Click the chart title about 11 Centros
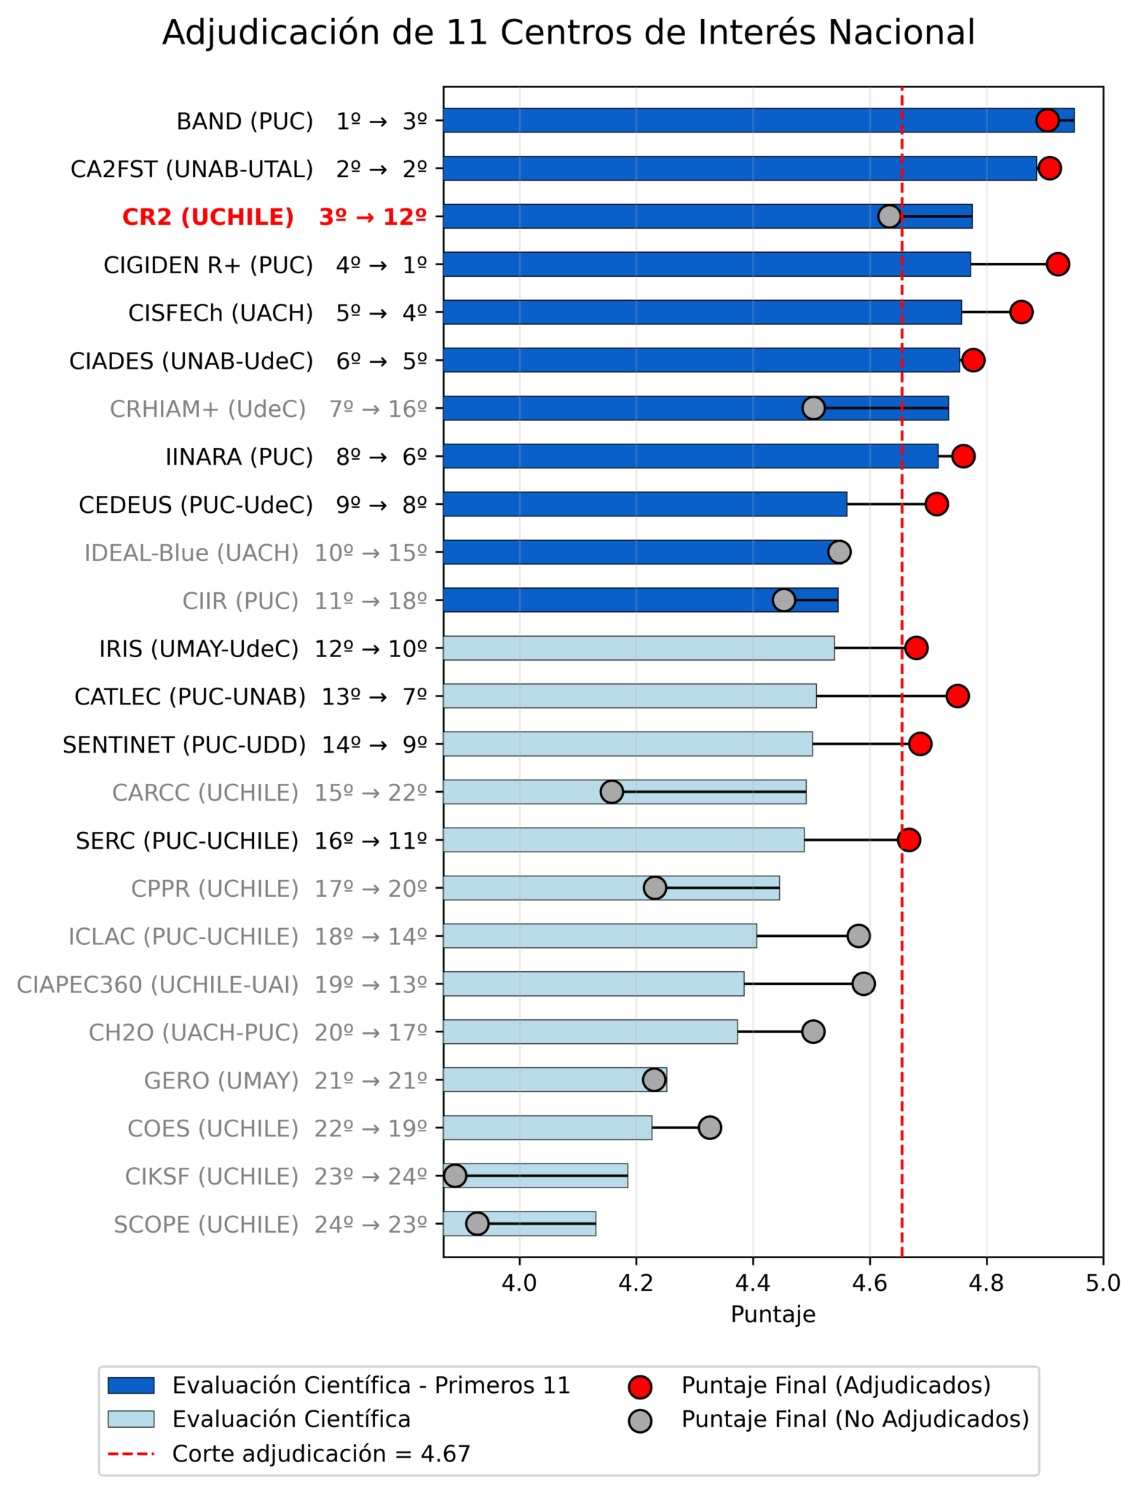click(568, 34)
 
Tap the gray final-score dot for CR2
click(889, 216)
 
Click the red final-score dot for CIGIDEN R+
click(1057, 264)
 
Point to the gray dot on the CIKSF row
click(455, 1175)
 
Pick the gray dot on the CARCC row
click(612, 792)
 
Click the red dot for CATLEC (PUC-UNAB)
click(957, 696)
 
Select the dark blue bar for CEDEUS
click(644, 504)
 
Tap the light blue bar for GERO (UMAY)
click(553, 1080)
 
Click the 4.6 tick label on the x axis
click(869, 1283)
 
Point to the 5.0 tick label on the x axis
click(1102, 1283)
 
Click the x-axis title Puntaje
click(773, 1315)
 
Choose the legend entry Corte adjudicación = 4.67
click(321, 1454)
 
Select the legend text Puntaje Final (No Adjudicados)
click(855, 1419)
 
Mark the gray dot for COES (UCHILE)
click(709, 1128)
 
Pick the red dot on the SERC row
click(908, 840)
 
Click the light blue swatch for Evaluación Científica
click(131, 1419)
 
